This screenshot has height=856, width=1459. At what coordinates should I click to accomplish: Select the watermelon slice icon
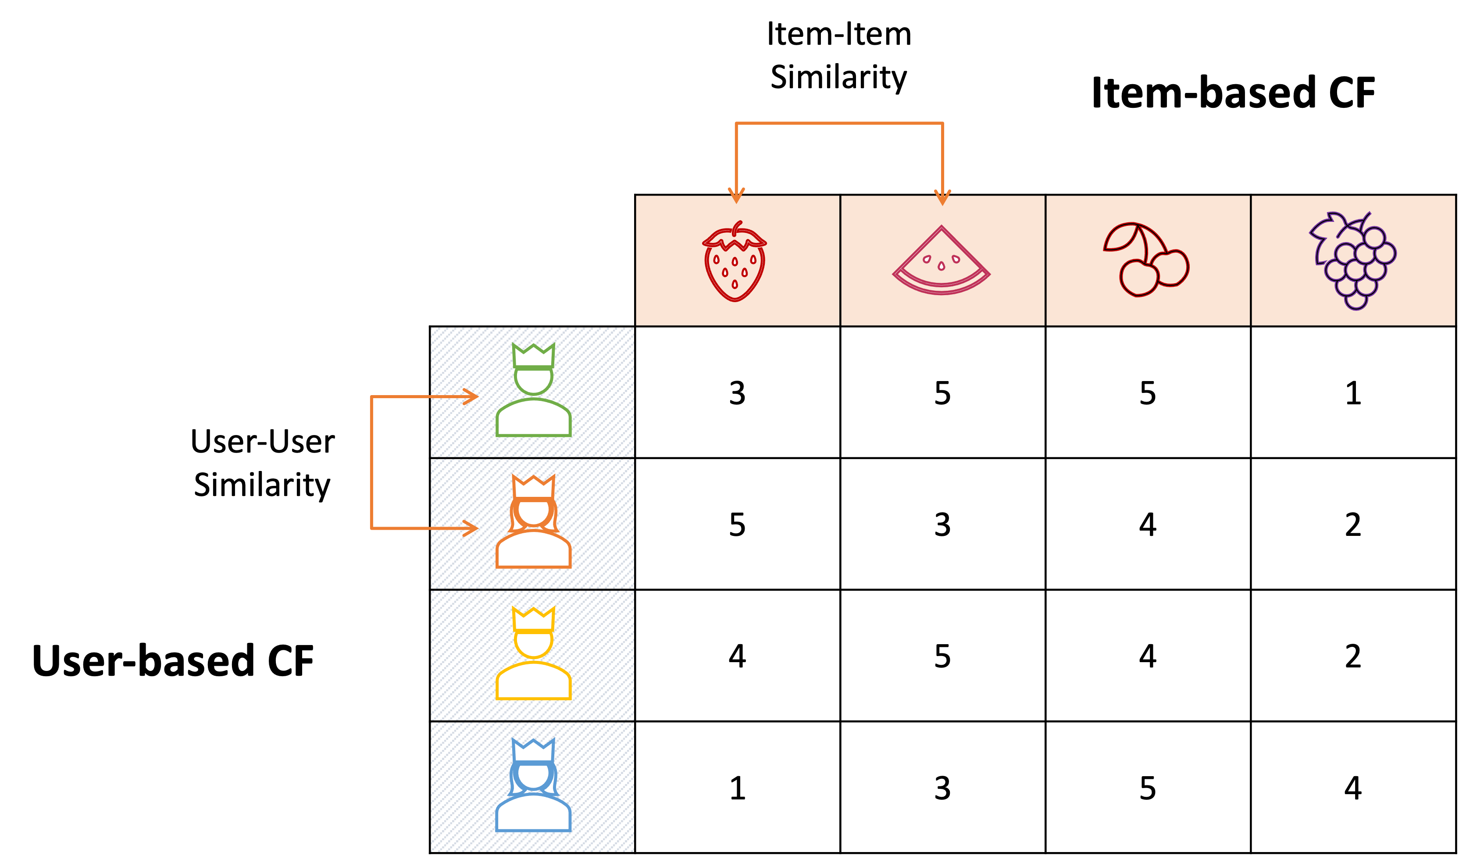(942, 264)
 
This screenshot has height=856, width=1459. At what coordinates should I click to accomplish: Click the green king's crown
(533, 356)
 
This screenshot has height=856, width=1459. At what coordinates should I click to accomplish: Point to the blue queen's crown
(533, 751)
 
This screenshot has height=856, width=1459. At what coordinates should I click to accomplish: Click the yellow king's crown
(533, 619)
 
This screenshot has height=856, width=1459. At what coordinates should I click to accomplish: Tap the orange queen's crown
(533, 487)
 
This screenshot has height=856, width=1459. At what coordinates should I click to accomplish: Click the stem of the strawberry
(736, 228)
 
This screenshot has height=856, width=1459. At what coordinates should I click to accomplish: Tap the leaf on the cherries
(1121, 238)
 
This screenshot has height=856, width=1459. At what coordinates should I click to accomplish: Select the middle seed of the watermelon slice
(942, 266)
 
